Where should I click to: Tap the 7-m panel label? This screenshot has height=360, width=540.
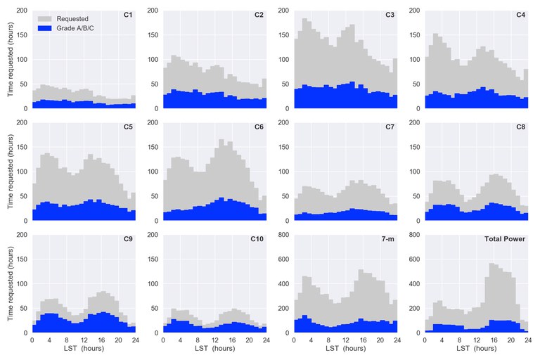coord(389,239)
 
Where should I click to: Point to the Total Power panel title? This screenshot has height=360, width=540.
coord(505,239)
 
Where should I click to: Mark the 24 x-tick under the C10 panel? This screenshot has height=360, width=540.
coord(266,339)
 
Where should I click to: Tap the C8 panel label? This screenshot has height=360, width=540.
coord(520,127)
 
